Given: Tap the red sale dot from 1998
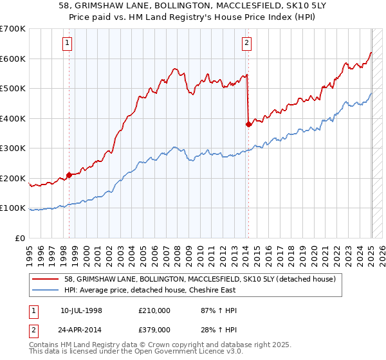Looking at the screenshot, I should [x=69, y=175].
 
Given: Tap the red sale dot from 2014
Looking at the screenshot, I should [x=248, y=125].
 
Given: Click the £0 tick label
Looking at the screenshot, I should [x=19, y=238].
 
